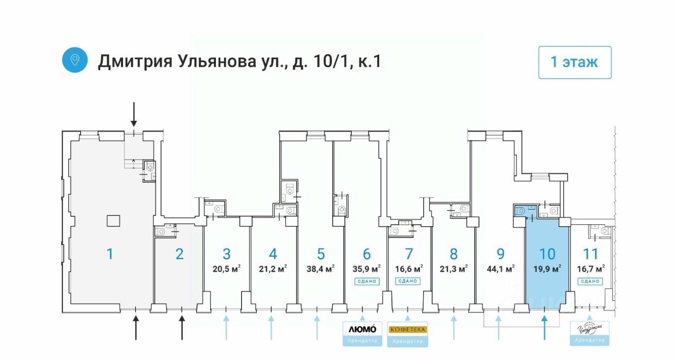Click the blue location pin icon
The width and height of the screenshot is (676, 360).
pyautogui.click(x=75, y=60)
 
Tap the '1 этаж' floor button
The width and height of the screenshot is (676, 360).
pyautogui.click(x=575, y=62)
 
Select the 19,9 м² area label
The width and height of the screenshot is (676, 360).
pyautogui.click(x=547, y=268)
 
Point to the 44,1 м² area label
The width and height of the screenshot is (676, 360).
pyautogui.click(x=501, y=269)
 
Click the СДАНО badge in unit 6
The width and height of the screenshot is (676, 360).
pyautogui.click(x=367, y=281)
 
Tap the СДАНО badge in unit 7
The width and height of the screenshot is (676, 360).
pyautogui.click(x=407, y=281)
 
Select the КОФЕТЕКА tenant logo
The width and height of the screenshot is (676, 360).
pyautogui.click(x=408, y=329)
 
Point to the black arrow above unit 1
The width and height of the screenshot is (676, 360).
pyautogui.click(x=134, y=114)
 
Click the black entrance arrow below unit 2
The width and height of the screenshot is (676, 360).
pyautogui.click(x=182, y=327)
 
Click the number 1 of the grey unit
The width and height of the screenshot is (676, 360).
pyautogui.click(x=110, y=254)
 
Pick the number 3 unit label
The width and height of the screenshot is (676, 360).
pyautogui.click(x=227, y=254)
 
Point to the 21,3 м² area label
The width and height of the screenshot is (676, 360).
pyautogui.click(x=454, y=269)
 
